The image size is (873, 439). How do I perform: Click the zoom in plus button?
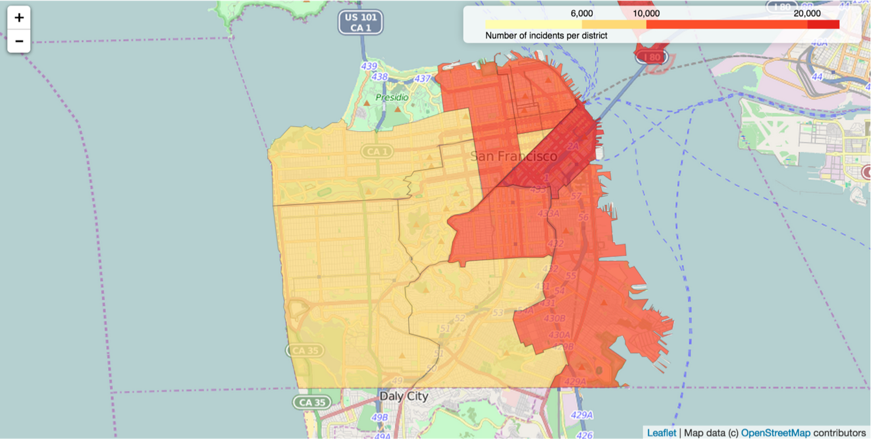19,18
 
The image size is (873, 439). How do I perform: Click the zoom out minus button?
19,41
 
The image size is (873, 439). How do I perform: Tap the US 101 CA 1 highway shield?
361,22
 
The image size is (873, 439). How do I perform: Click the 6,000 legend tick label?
582,14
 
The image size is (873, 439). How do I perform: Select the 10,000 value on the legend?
646,14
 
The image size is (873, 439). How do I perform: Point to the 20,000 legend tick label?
807,14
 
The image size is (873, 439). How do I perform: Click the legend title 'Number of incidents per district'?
546,35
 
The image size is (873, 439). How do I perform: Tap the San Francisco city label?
514,156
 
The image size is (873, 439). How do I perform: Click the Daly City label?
404,396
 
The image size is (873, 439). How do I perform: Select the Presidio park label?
391,97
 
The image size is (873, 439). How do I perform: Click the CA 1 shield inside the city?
377,151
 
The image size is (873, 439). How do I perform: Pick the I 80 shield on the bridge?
651,57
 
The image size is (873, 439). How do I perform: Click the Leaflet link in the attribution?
661,433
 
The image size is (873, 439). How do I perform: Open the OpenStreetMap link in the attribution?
775,433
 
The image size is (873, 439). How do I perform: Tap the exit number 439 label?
369,66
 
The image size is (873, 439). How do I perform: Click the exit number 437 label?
422,79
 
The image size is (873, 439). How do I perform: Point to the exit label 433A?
548,213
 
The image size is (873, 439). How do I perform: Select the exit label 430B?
554,318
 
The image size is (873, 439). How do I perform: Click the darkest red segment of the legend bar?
823,25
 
